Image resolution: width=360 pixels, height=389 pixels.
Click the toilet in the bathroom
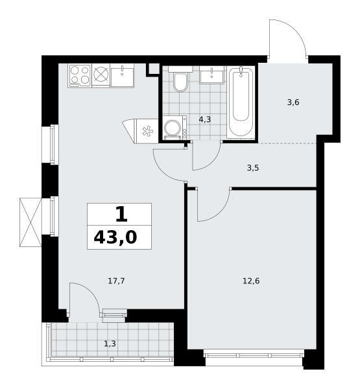(x=180, y=79)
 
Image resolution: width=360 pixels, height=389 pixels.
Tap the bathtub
(x=241, y=102)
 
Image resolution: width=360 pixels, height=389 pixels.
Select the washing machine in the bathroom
(x=175, y=128)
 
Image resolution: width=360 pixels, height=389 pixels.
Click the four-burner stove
(x=80, y=75)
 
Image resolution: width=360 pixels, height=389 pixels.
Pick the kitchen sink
(x=122, y=75)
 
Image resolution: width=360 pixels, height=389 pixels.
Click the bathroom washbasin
(x=211, y=74)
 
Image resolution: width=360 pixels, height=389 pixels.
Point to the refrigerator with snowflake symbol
(x=141, y=131)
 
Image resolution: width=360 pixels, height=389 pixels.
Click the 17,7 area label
(x=117, y=281)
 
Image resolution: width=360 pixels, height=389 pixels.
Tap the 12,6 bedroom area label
(x=251, y=281)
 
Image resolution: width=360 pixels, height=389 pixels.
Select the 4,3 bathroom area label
(x=205, y=119)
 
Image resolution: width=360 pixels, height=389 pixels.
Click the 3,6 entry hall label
(x=293, y=102)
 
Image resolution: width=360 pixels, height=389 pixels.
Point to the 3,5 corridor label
(x=253, y=168)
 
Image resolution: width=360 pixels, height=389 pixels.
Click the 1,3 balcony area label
(x=110, y=344)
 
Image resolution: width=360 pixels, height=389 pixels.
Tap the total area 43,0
(x=115, y=237)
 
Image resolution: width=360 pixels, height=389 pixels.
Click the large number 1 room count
(x=122, y=215)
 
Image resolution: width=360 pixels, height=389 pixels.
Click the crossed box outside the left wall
(x=30, y=222)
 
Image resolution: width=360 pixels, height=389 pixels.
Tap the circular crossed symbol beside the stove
(x=101, y=75)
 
